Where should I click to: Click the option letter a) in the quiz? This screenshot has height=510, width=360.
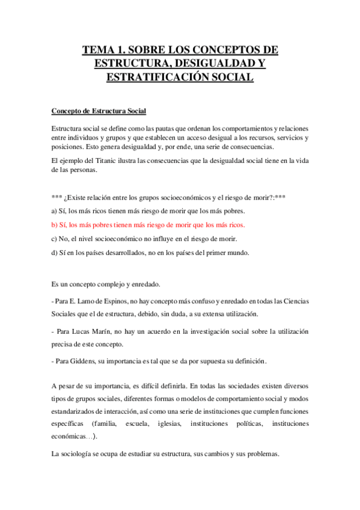tap(55, 211)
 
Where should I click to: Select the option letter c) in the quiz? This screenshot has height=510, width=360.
tap(55, 239)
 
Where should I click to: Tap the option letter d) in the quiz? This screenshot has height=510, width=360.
tap(55, 253)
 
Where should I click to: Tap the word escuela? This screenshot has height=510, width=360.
tap(139, 424)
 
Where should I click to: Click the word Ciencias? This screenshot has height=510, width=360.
tap(294, 301)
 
